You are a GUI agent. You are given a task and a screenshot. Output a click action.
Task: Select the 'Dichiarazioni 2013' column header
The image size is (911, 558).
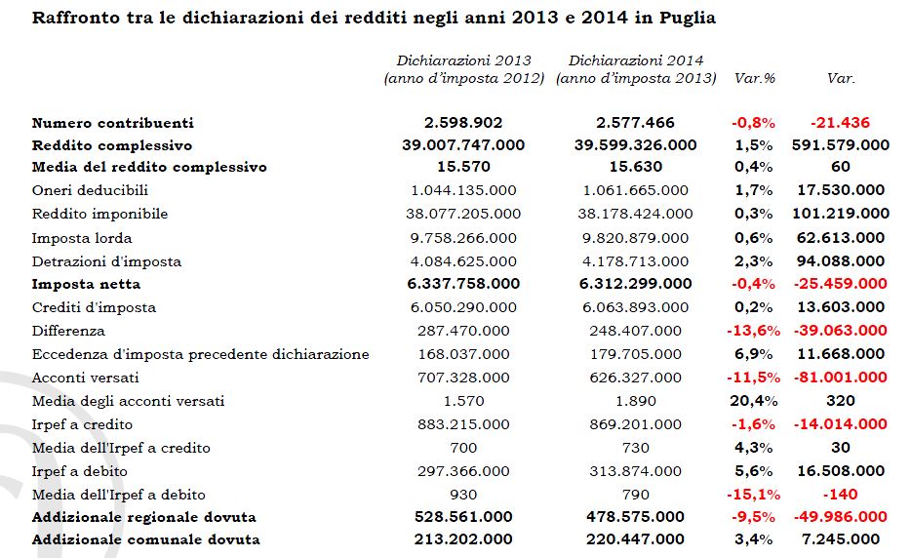click(x=463, y=60)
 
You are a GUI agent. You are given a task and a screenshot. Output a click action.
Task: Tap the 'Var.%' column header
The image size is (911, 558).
click(x=752, y=78)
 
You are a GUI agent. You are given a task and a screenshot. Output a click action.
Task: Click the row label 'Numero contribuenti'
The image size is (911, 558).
click(x=113, y=123)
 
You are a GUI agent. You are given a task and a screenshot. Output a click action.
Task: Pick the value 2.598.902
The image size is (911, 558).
click(x=463, y=123)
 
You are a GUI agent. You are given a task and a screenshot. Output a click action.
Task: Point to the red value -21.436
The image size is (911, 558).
click(x=840, y=123)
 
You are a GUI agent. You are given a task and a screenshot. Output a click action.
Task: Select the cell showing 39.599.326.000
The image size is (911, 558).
click(x=635, y=145)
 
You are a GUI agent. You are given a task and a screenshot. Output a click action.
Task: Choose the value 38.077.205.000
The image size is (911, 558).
click(x=463, y=214)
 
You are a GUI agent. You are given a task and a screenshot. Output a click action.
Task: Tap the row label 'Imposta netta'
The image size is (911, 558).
click(x=86, y=284)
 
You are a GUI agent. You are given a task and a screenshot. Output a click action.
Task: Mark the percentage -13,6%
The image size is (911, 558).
click(x=752, y=331)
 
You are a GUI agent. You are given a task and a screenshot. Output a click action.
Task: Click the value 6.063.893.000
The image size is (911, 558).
click(x=635, y=307)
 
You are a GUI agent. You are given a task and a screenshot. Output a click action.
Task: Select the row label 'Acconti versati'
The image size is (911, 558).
click(x=86, y=378)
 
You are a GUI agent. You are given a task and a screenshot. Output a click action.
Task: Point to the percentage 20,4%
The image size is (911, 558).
click(x=752, y=401)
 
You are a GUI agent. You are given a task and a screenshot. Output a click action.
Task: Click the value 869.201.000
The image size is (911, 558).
click(x=635, y=424)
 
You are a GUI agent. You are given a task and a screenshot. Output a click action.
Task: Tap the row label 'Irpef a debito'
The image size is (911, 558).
click(x=83, y=471)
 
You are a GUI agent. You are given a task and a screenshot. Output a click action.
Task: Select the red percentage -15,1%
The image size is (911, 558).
click(x=752, y=495)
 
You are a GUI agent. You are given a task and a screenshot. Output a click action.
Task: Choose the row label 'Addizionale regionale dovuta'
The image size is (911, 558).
click(x=144, y=517)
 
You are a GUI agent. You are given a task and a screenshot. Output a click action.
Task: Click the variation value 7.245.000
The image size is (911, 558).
click(x=840, y=539)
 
